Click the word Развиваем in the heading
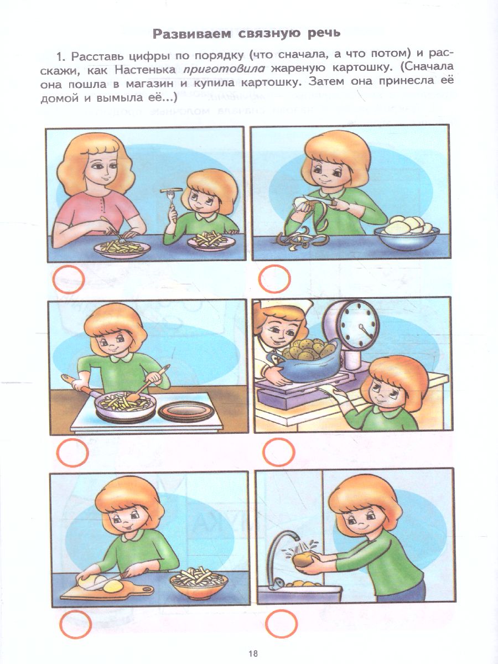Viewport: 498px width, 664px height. click(193, 34)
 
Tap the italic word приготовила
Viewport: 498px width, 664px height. click(224, 69)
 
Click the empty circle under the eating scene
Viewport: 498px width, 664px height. click(69, 279)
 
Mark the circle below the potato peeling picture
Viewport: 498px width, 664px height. click(274, 279)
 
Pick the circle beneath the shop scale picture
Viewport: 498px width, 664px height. click(278, 452)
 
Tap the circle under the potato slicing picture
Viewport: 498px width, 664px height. click(75, 624)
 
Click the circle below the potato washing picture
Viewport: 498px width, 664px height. click(282, 623)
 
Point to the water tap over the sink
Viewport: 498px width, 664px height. click(281, 559)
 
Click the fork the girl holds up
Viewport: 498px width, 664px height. click(172, 203)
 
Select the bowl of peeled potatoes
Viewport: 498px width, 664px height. click(407, 233)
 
